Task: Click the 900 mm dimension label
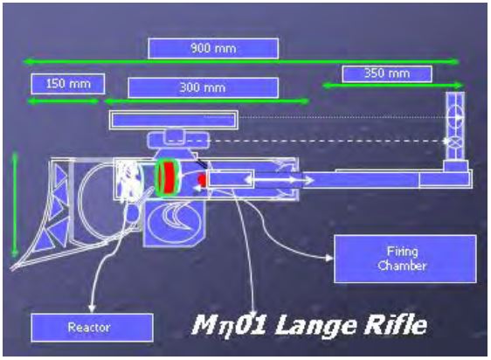tap(213, 48)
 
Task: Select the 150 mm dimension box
tap(68, 84)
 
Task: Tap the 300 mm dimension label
tap(203, 87)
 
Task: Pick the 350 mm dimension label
tap(387, 73)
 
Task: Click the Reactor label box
tap(92, 328)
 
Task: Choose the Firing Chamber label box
tap(405, 259)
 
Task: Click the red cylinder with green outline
tap(168, 177)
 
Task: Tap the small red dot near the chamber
tap(201, 180)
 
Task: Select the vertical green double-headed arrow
tap(15, 204)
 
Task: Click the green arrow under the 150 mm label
tap(63, 100)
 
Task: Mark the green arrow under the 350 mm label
tap(392, 86)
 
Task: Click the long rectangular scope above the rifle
tap(174, 120)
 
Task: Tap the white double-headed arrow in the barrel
tap(279, 180)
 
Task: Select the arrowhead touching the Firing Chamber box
tap(329, 258)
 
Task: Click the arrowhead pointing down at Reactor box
tap(92, 308)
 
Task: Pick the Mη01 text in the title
tap(229, 325)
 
